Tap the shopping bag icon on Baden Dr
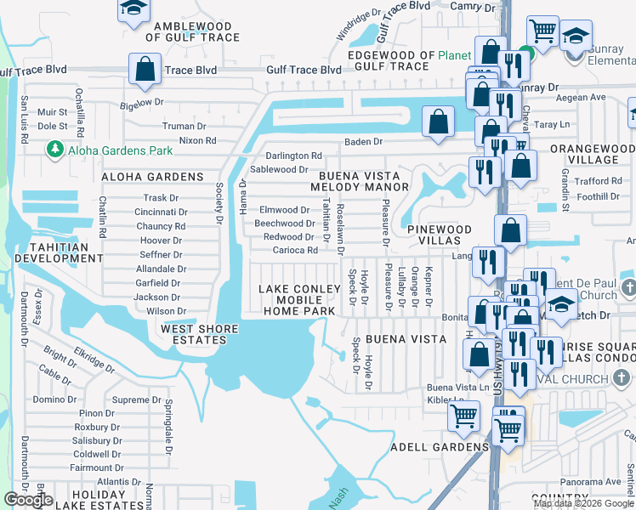[438, 122]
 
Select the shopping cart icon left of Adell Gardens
[463, 416]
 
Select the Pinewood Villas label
[439, 236]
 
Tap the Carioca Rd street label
[295, 250]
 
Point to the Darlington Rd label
[293, 156]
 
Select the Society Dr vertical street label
[219, 198]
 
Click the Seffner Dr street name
[161, 254]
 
